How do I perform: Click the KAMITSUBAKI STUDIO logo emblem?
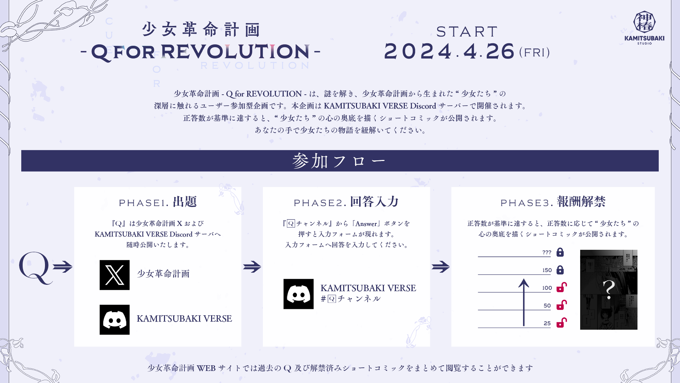tap(644, 22)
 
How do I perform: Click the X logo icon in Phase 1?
tap(114, 275)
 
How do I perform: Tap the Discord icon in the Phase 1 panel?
tap(114, 320)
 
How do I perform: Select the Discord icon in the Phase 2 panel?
tap(298, 294)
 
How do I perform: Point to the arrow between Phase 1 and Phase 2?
tap(252, 267)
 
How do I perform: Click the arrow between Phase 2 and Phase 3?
tap(441, 267)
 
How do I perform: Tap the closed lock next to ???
tap(560, 252)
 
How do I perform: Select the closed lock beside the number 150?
tap(560, 270)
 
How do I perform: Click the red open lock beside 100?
tap(561, 287)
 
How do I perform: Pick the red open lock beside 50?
tap(561, 305)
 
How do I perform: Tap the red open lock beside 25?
tap(561, 323)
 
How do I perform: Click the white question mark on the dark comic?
tap(609, 289)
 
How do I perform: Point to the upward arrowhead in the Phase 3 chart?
tap(523, 283)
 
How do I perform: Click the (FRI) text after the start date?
tap(534, 52)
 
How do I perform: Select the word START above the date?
tap(467, 32)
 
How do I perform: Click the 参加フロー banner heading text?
tap(339, 161)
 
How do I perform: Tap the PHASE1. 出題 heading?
tap(158, 202)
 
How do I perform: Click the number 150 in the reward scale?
tap(547, 270)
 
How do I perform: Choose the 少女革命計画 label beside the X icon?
tap(163, 274)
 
